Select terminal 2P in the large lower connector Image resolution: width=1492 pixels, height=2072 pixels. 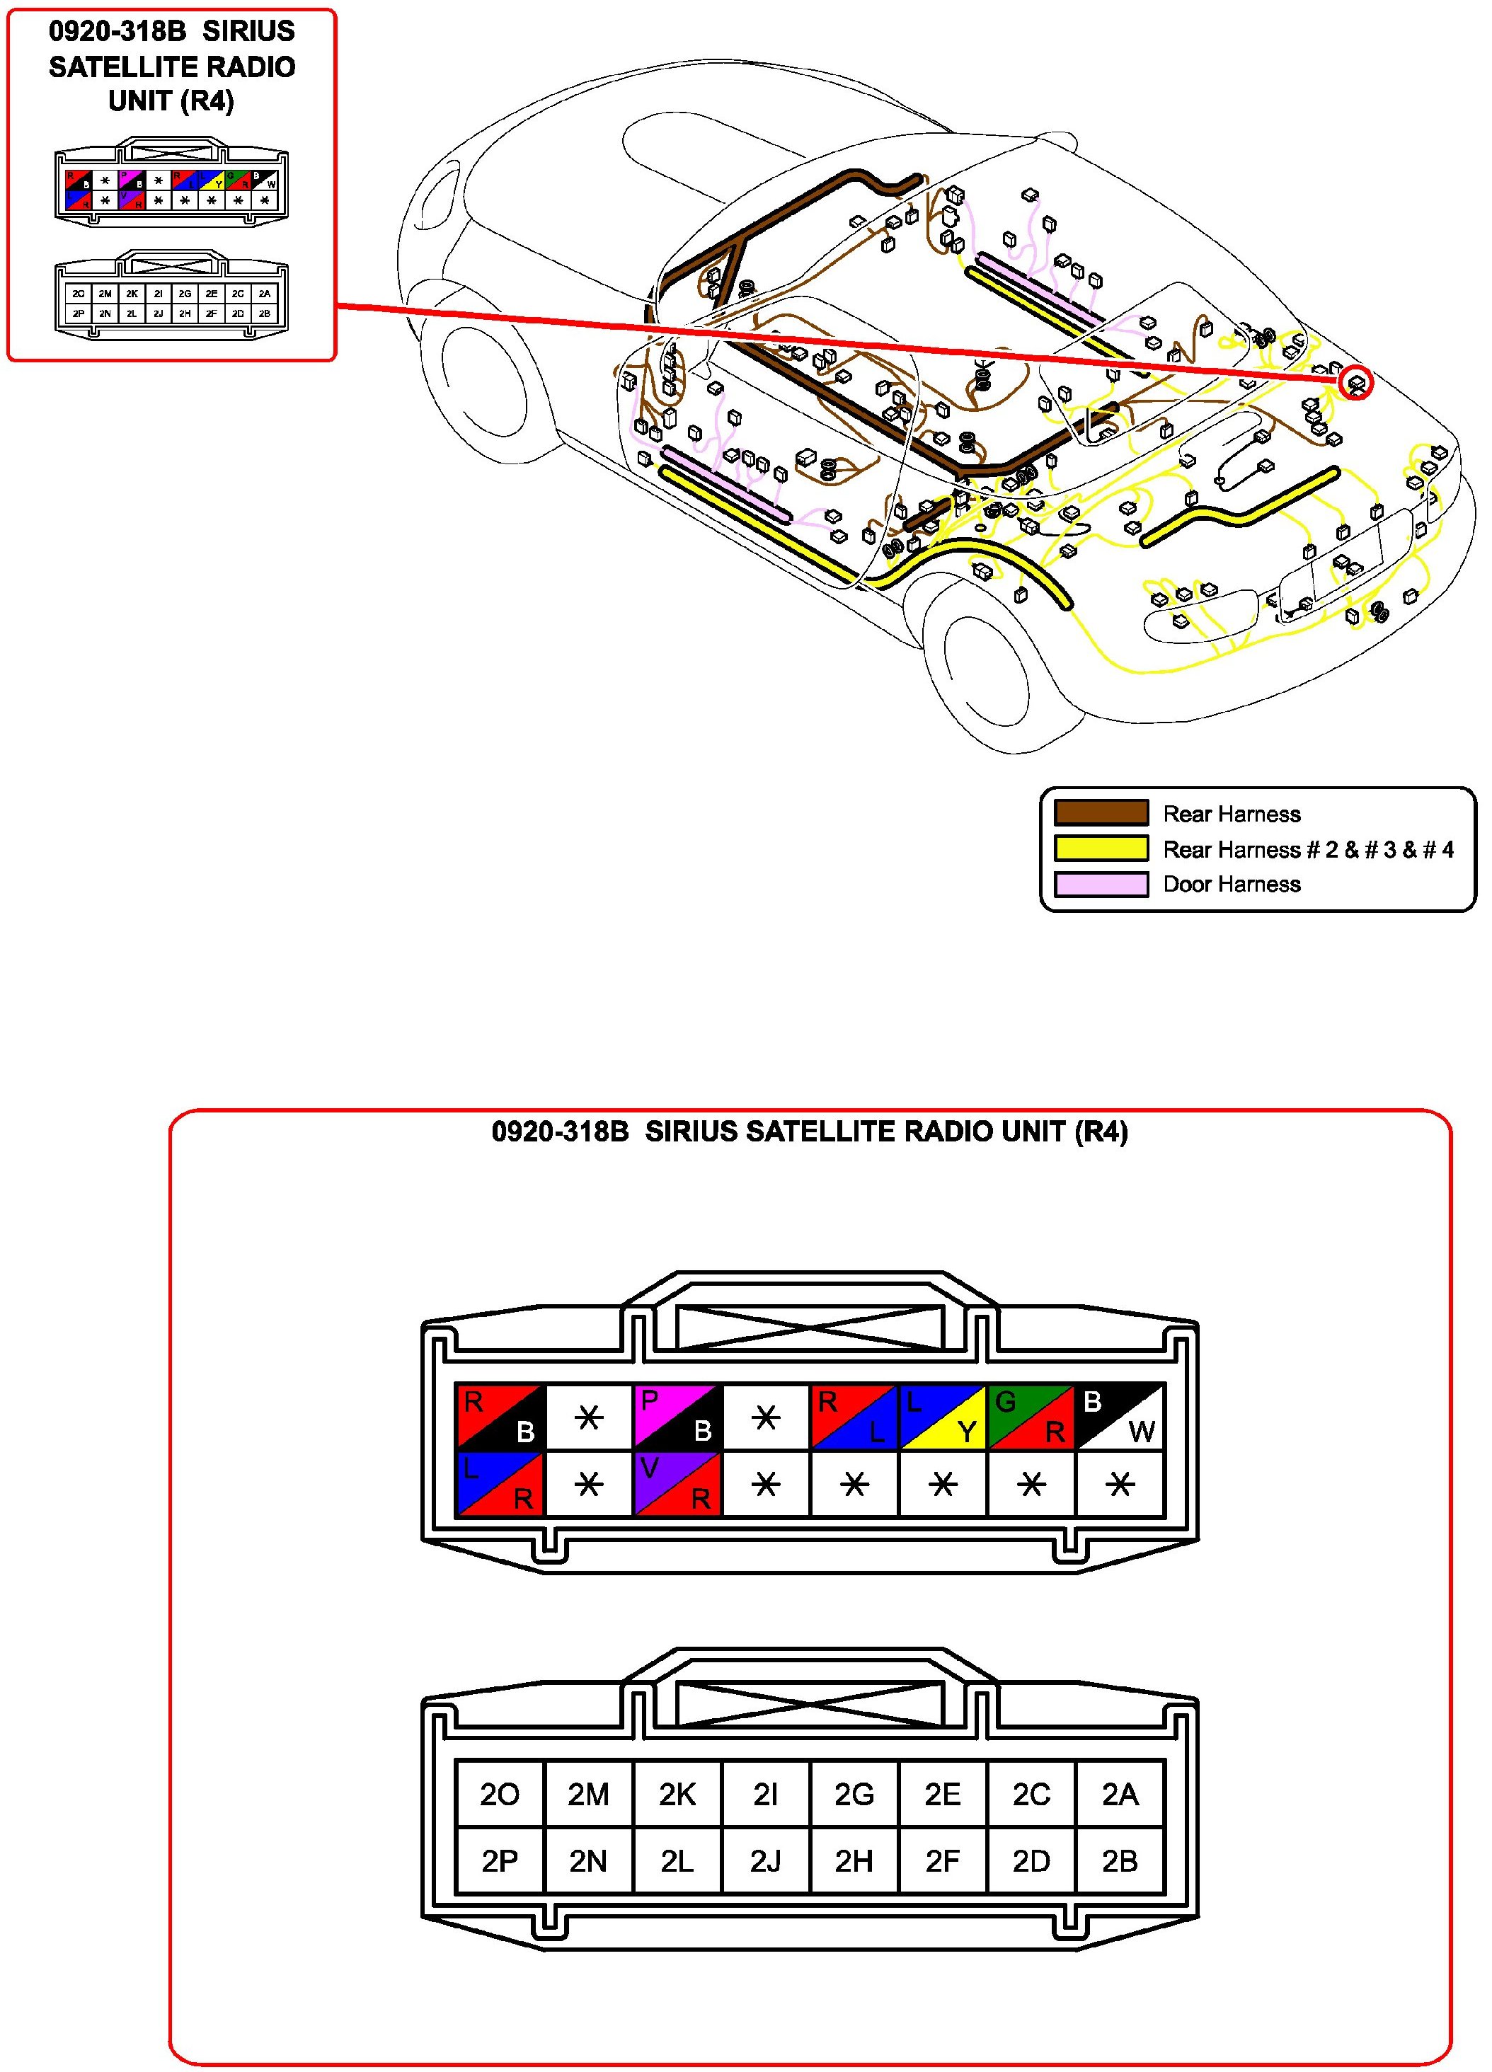[x=500, y=1861]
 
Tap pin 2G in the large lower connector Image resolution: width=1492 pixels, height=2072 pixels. [x=854, y=1795]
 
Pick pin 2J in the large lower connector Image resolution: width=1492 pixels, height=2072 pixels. [x=766, y=1861]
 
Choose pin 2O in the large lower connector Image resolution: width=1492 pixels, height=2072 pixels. [x=500, y=1795]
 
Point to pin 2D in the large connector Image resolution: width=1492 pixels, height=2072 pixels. [x=1031, y=1861]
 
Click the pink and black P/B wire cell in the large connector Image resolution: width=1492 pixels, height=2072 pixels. [x=677, y=1416]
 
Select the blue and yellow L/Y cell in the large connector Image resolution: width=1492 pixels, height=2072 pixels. [x=942, y=1416]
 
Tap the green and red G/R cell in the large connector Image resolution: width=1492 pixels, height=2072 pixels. [x=1031, y=1416]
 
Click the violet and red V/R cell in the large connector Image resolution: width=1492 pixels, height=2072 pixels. [x=677, y=1485]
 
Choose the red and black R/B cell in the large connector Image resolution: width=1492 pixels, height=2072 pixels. [x=500, y=1416]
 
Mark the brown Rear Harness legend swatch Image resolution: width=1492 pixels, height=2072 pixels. [x=1101, y=813]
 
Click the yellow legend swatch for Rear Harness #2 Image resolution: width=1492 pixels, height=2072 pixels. [x=1101, y=848]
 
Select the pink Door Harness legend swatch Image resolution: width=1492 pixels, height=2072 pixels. [x=1101, y=883]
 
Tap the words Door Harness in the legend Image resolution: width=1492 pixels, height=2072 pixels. [x=1232, y=883]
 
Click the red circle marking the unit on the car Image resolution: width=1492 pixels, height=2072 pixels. [x=1356, y=383]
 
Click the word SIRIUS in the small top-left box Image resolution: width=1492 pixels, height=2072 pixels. [x=248, y=32]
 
